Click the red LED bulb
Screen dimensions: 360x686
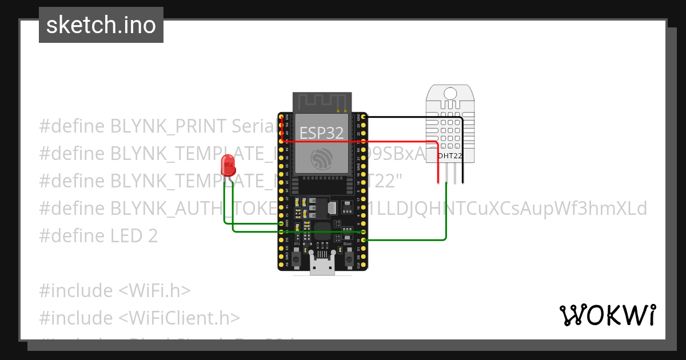tap(228, 165)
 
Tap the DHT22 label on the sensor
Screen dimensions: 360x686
tap(450, 155)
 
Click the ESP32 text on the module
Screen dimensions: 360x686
tap(322, 133)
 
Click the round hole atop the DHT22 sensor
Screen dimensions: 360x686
tap(450, 94)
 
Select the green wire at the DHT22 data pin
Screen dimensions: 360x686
tap(446, 217)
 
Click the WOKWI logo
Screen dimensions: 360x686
tap(607, 315)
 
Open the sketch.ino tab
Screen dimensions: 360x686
tap(101, 25)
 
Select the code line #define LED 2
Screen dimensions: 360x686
tap(98, 236)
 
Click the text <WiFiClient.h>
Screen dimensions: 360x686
tap(180, 318)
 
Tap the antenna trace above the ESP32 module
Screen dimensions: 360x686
tap(322, 102)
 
